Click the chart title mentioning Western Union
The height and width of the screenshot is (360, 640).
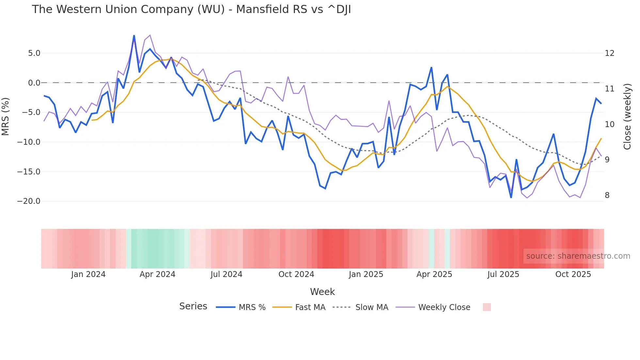click(191, 9)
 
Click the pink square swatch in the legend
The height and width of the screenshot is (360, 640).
click(487, 307)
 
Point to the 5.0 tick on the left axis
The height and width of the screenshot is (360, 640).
click(34, 53)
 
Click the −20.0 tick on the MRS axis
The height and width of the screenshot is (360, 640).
click(29, 201)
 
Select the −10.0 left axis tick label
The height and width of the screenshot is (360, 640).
click(29, 142)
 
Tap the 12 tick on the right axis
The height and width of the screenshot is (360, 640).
click(609, 53)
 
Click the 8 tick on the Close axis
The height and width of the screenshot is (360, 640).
click(607, 195)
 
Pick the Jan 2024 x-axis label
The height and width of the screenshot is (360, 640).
click(88, 274)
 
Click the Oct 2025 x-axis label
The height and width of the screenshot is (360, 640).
click(573, 274)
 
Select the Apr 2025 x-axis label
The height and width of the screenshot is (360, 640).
click(434, 274)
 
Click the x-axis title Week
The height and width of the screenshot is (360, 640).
click(322, 292)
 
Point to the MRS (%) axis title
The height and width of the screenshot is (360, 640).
click(6, 116)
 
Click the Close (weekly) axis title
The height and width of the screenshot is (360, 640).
click(627, 116)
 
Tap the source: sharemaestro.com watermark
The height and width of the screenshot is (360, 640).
click(578, 256)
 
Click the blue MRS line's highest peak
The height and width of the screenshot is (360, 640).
click(134, 36)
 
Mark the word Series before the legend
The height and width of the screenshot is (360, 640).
click(193, 306)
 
